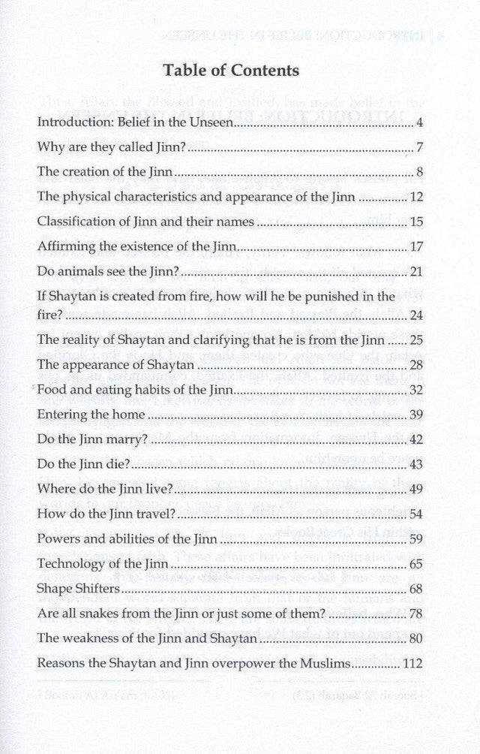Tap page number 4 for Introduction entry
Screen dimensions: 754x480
click(x=421, y=121)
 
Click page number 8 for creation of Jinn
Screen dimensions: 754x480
click(x=421, y=172)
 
